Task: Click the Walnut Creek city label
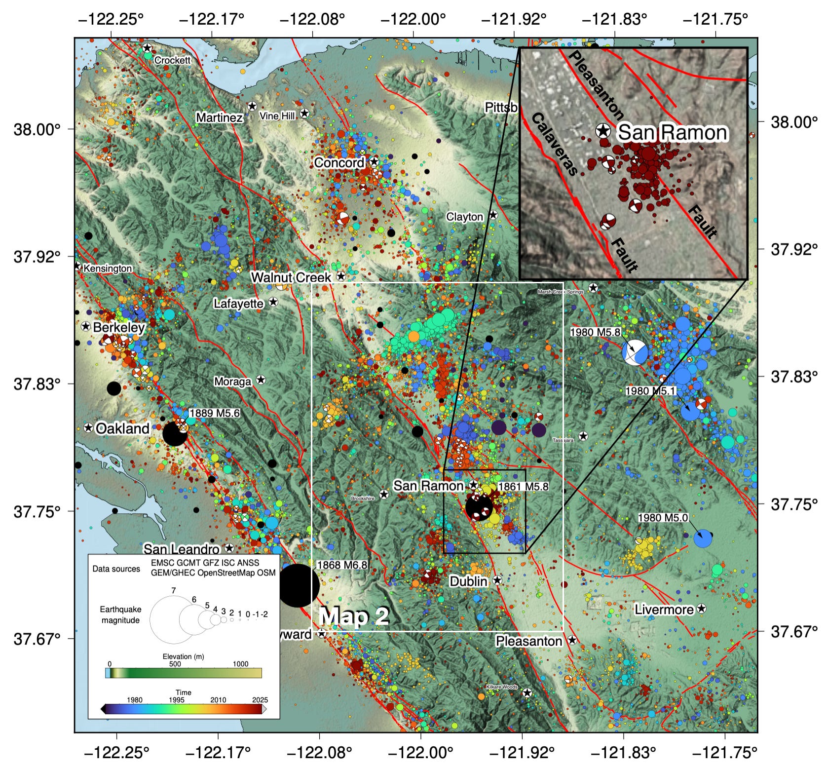coord(291,277)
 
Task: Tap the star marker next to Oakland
coord(88,428)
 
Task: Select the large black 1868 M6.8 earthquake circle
coord(299,586)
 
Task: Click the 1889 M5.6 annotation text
coord(214,413)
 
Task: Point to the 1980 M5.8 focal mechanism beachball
coord(635,352)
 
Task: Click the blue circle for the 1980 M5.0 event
coord(703,538)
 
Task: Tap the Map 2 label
coord(354,616)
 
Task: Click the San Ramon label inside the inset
coord(672,132)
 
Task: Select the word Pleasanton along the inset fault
coord(596,84)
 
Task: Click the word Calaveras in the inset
coord(554,144)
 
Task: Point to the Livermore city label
coord(664,610)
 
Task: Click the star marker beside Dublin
coord(497,580)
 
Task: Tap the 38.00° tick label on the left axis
coord(37,129)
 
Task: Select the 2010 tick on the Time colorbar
coord(218,700)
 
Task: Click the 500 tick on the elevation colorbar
coord(175,664)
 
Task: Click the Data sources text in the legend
coord(116,569)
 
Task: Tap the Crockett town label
coord(172,60)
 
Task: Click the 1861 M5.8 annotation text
coord(523,487)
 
